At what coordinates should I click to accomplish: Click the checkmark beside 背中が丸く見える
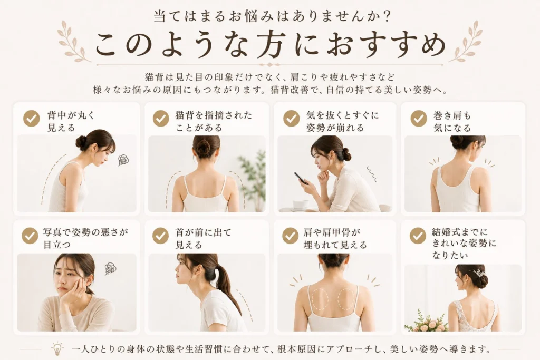point(31,119)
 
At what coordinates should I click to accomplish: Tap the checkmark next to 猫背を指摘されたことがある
point(161,119)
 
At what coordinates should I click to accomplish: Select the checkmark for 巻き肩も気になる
point(419,119)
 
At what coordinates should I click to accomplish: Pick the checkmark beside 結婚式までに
point(418,236)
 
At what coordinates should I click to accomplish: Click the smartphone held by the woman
point(301,178)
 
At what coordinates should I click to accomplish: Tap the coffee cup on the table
point(300,205)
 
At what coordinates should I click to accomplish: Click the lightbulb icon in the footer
point(57,348)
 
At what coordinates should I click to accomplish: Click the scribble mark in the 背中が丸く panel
point(123,159)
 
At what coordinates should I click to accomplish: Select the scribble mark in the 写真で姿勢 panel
point(110,268)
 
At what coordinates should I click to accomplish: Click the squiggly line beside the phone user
point(372,174)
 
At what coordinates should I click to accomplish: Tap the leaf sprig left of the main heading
point(73,41)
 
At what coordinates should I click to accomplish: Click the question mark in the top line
point(387,16)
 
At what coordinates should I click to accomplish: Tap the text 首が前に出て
point(203,232)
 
